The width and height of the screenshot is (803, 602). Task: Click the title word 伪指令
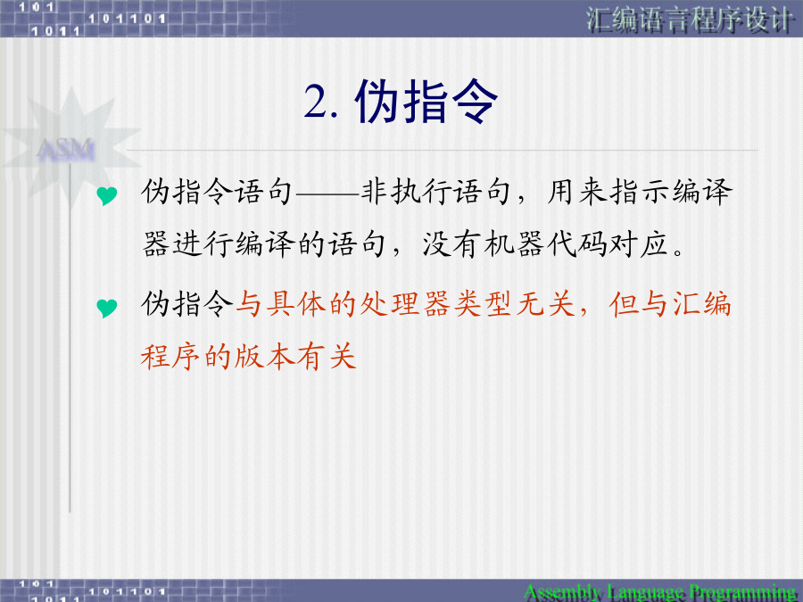(426, 102)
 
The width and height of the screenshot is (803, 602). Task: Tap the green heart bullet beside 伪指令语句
(106, 195)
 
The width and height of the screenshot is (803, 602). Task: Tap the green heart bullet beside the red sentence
(106, 308)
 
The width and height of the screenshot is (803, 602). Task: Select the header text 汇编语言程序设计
(689, 20)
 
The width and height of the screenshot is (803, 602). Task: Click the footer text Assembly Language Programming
(660, 592)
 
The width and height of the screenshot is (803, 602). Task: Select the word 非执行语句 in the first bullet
(436, 193)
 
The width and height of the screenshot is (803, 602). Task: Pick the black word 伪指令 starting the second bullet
(187, 304)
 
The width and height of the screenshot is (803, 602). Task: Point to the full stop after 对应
(679, 252)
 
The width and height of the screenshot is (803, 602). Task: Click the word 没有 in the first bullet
(451, 244)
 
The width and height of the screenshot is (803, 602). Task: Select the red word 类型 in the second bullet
(484, 304)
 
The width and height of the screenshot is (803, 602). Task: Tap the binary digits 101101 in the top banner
(127, 19)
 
